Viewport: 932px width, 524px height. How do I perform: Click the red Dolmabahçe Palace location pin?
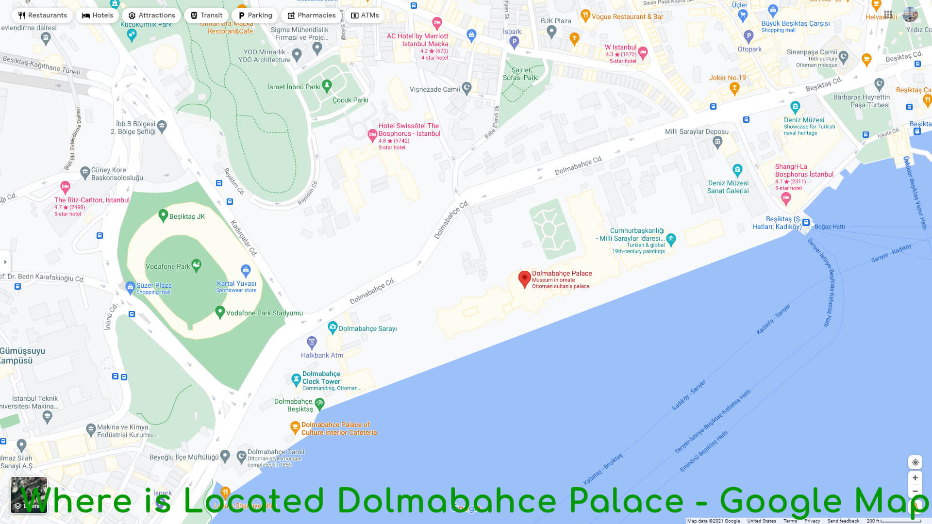(524, 278)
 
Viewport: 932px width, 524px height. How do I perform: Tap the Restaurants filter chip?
(43, 16)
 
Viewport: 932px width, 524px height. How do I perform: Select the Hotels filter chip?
(98, 16)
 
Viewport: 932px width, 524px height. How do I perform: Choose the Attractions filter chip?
(151, 16)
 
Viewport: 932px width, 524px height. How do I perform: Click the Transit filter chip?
(206, 16)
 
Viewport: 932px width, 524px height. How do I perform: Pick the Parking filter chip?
(255, 16)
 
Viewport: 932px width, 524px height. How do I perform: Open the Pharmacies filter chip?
(312, 16)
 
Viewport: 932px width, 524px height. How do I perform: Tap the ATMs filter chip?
(365, 16)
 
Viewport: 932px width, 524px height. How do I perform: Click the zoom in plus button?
(915, 478)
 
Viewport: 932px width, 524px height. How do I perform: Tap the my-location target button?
(915, 462)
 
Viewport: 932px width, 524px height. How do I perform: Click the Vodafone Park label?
(167, 266)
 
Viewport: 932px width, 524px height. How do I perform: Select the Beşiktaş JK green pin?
(163, 215)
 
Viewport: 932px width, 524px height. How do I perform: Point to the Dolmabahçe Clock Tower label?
(321, 377)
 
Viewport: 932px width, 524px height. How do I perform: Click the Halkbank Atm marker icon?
(312, 342)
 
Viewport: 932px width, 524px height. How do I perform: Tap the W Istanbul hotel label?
(620, 48)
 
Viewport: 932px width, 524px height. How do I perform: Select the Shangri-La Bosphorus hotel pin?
(786, 197)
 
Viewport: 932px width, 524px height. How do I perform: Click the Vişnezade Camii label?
(434, 89)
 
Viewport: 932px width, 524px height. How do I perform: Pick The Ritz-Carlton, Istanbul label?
(92, 200)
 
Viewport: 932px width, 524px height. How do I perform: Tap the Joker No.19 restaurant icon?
(734, 88)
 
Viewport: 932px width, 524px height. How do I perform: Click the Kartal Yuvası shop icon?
(246, 270)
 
